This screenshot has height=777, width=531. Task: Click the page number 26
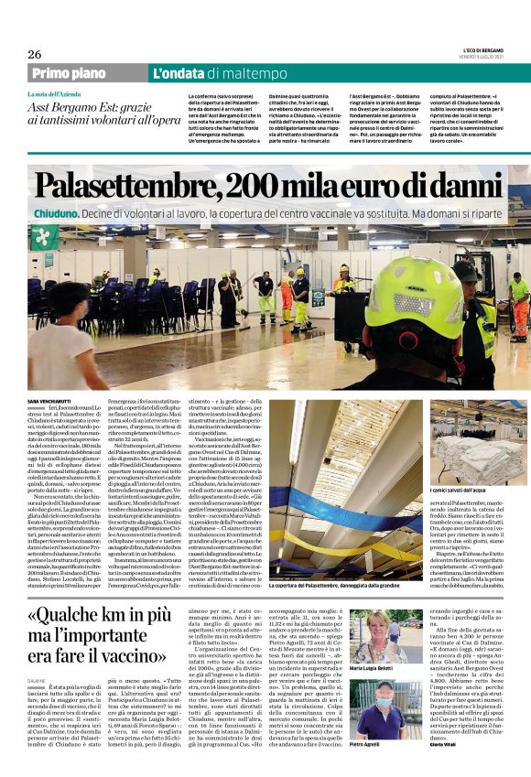click(x=35, y=54)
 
